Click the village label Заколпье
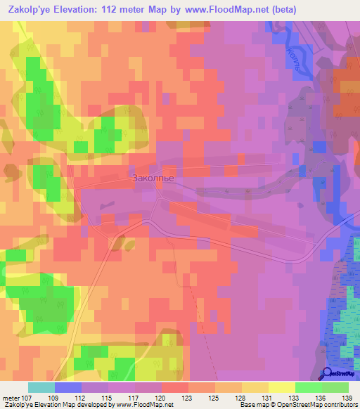coord(153,178)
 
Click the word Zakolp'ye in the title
coord(31,10)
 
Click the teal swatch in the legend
coord(41,387)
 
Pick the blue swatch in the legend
coord(68,387)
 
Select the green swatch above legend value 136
coord(308,387)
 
